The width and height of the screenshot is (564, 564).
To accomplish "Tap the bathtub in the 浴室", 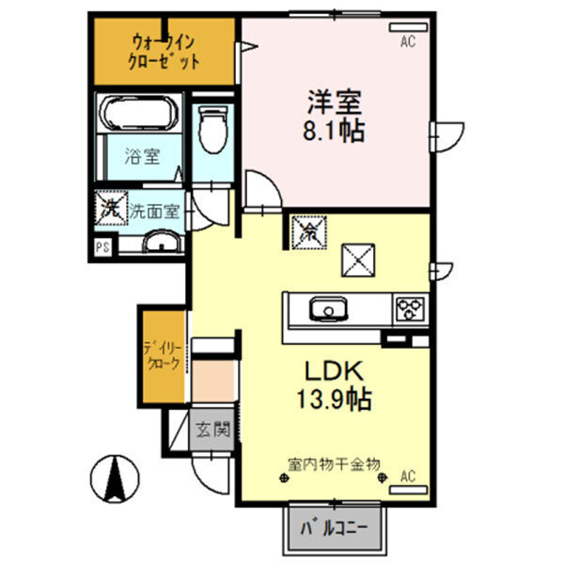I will click(x=139, y=115).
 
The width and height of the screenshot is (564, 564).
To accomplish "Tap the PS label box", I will click(x=102, y=248).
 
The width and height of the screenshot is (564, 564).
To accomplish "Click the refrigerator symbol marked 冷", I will click(x=307, y=230).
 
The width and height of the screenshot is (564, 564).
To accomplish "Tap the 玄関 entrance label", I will click(x=212, y=431).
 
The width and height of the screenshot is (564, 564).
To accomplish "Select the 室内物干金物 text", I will click(x=334, y=463).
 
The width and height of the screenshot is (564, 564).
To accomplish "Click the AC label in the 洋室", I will click(x=407, y=40).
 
